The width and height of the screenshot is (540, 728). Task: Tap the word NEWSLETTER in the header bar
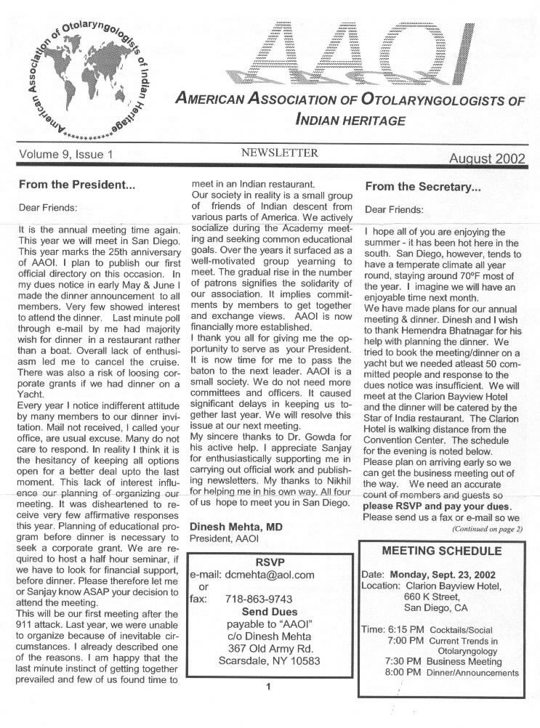click(279, 153)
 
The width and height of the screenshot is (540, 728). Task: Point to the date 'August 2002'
click(487, 158)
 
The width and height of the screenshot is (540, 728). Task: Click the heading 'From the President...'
click(77, 185)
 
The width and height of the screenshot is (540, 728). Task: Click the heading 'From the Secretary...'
click(423, 187)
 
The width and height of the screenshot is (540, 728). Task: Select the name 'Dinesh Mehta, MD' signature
click(236, 526)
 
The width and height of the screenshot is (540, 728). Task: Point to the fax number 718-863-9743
click(259, 599)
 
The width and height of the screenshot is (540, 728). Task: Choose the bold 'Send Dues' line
click(270, 612)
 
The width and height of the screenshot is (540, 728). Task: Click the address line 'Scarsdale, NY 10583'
click(269, 660)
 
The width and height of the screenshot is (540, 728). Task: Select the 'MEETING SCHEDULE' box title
click(441, 551)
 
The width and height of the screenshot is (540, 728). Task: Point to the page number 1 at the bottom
click(268, 686)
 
